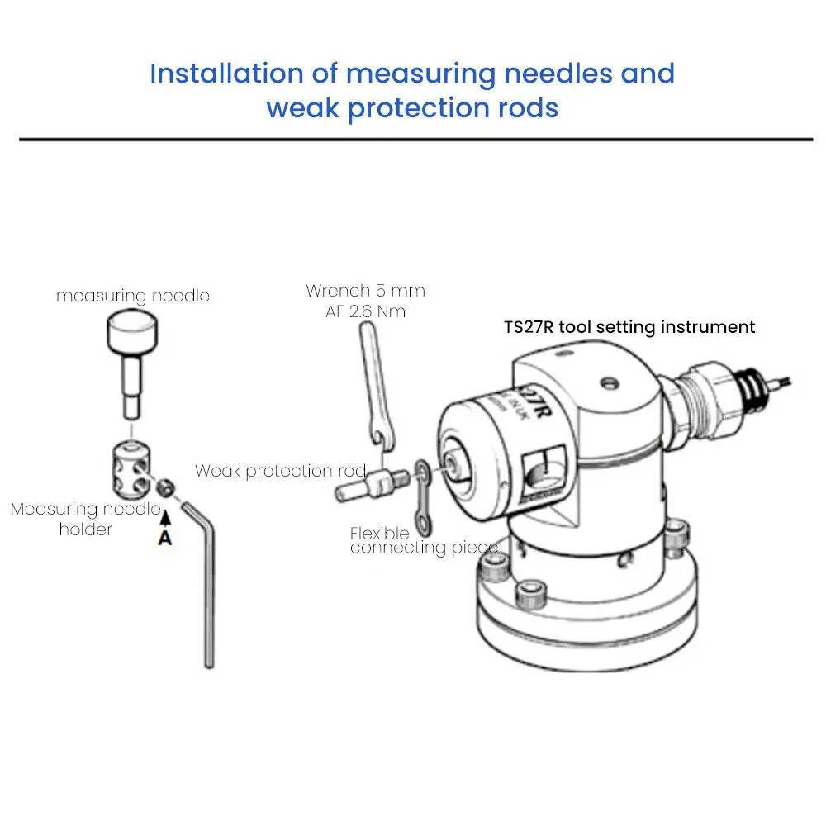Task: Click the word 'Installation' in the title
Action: pos(226,73)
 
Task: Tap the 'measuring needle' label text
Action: pos(133,296)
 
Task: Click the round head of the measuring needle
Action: pos(132,331)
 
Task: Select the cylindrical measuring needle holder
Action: pos(131,470)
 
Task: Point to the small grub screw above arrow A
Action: pos(166,488)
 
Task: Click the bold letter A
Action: pos(165,538)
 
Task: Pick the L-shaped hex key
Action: pos(203,580)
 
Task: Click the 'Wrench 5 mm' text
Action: pos(366,291)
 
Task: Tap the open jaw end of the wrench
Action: pos(382,437)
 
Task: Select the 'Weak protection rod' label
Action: pos(280,471)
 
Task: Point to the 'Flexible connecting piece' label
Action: pos(424,540)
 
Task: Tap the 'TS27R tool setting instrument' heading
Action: pos(629,327)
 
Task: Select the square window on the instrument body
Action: pos(543,470)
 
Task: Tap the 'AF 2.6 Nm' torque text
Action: pos(366,311)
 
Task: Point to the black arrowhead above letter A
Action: pos(165,518)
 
